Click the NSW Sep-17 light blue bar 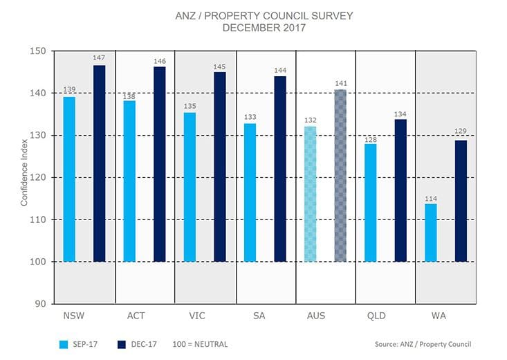(x=69, y=179)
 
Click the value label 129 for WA (x=461, y=132)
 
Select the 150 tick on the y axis (x=38, y=51)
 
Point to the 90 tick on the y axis (x=41, y=304)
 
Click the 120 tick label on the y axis (x=38, y=178)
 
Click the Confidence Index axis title (x=24, y=177)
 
